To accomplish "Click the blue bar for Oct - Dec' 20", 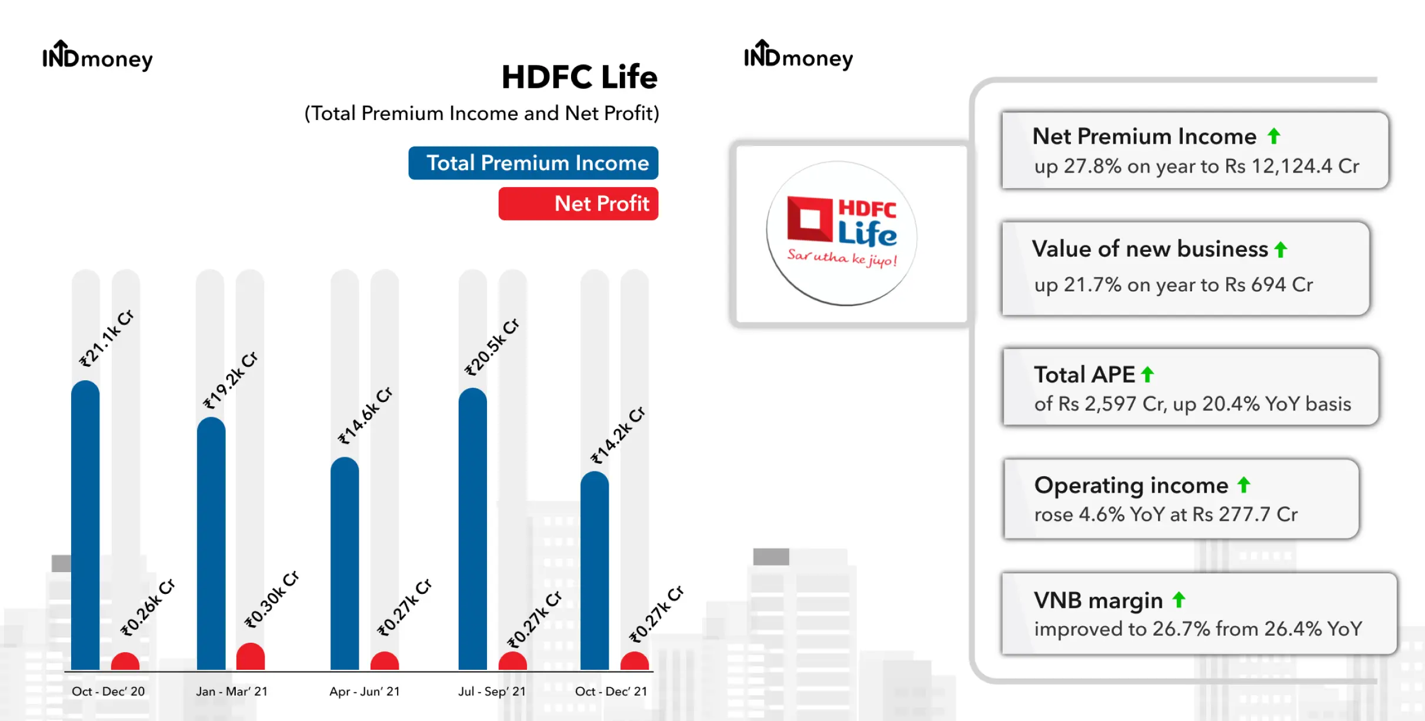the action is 85,525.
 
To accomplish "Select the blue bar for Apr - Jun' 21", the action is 345,563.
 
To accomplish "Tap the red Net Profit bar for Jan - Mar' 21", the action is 251,656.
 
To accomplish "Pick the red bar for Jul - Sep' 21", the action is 513,661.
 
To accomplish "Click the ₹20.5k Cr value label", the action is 492,347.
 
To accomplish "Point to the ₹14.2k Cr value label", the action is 618,435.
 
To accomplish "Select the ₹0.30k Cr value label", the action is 272,599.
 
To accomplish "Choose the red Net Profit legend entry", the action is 579,204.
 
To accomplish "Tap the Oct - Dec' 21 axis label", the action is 611,691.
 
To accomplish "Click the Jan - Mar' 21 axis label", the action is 232,691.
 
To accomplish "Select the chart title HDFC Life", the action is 579,77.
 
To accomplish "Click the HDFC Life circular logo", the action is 842,233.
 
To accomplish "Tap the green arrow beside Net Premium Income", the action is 1274,136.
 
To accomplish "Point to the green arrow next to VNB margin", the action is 1179,600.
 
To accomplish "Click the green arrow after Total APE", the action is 1147,374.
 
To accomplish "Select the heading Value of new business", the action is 1150,249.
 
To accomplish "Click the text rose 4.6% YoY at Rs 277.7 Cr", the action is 1166,514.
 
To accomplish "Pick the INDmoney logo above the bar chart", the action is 98,56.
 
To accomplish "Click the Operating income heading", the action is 1132,486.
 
